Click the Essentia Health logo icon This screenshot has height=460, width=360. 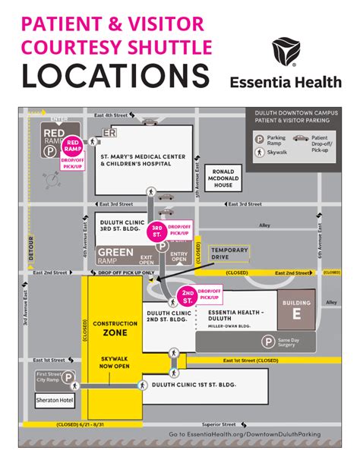(x=286, y=51)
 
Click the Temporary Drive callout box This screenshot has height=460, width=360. (x=229, y=254)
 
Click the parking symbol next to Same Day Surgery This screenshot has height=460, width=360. (x=268, y=342)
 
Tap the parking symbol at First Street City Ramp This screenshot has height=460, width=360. (x=68, y=377)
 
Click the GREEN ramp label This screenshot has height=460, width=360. (x=114, y=252)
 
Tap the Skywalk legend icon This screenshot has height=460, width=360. (x=261, y=152)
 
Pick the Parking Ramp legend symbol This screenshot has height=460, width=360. (x=260, y=139)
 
